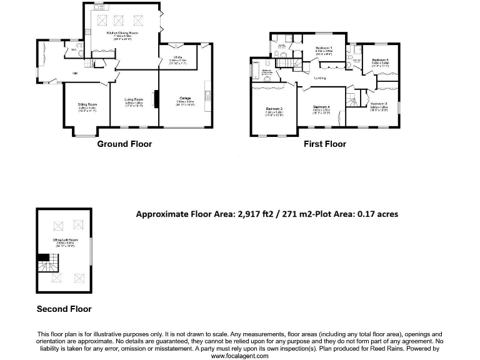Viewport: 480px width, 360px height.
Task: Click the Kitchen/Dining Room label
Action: click(121, 32)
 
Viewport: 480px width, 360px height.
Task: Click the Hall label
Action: click(75, 73)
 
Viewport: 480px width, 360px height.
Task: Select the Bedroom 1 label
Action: click(323, 48)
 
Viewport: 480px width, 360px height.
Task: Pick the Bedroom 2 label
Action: click(275, 109)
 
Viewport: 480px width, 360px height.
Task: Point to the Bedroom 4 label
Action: click(321, 107)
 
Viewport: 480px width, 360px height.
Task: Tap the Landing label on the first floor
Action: click(319, 78)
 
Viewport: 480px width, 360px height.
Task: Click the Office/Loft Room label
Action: click(65, 240)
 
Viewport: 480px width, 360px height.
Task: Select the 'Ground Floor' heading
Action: click(124, 144)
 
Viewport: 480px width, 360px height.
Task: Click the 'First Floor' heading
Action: click(324, 144)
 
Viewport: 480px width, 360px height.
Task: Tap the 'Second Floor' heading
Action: click(64, 309)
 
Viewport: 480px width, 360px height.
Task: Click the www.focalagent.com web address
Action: click(239, 356)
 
